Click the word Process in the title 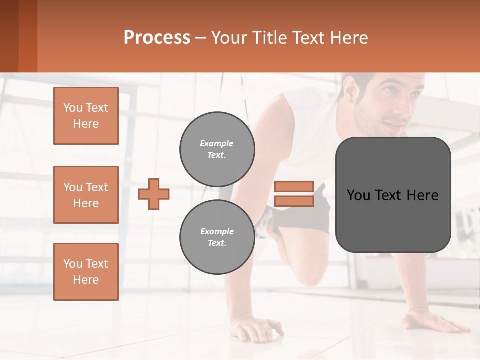157,38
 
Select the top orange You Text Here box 86,116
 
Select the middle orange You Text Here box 86,195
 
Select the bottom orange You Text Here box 86,272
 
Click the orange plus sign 154,194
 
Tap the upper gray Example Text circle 217,149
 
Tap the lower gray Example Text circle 217,237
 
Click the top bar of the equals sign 294,186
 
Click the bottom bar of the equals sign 294,201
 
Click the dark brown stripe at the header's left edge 9,36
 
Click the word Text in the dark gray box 393,195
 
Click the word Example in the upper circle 216,144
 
